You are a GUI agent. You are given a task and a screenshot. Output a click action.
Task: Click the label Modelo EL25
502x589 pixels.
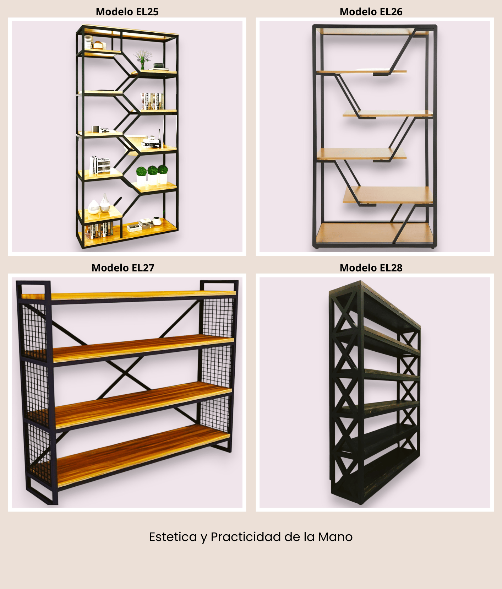tap(127, 12)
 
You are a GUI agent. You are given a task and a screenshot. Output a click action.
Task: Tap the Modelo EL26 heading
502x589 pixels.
tap(371, 12)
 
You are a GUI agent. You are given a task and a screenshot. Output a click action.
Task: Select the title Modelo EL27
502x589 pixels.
tap(123, 268)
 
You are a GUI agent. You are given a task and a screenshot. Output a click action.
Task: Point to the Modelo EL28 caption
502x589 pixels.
tap(371, 268)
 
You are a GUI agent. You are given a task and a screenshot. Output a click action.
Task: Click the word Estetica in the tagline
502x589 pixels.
tap(173, 537)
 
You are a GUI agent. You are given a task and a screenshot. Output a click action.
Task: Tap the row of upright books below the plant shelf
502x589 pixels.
tap(152, 101)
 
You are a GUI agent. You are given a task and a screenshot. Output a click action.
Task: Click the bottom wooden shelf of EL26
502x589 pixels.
tap(375, 232)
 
